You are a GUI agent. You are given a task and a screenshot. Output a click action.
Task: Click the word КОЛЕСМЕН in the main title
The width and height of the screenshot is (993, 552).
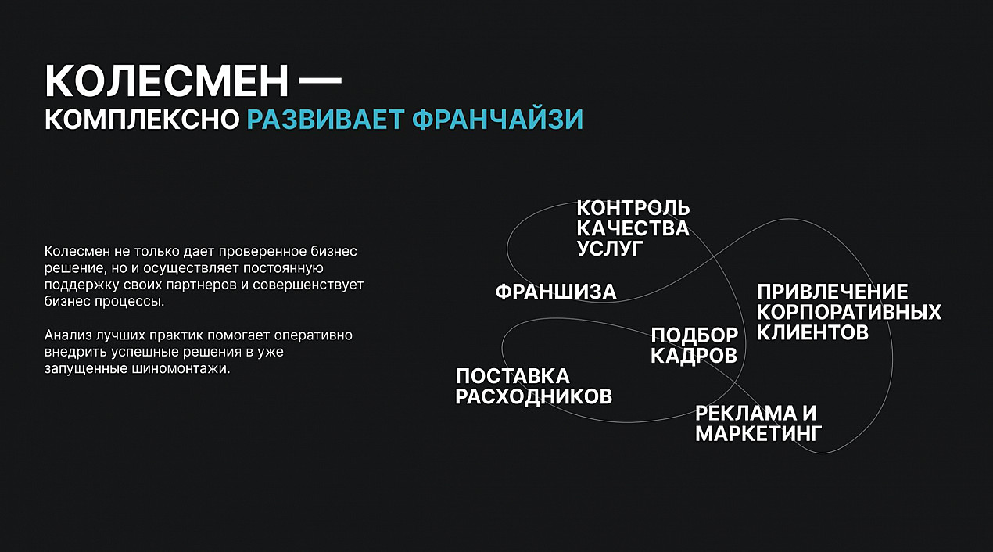167,81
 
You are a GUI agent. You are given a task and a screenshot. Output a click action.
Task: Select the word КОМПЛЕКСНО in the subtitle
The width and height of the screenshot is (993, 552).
142,120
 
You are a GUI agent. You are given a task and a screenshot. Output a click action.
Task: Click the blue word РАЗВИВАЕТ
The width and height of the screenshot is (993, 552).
325,120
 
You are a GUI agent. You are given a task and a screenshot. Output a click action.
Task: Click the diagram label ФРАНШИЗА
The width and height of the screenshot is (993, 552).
556,292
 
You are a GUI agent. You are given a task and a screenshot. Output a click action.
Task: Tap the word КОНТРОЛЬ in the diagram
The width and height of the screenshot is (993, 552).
633,207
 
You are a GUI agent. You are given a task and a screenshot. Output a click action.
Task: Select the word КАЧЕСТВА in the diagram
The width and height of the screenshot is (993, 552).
633,228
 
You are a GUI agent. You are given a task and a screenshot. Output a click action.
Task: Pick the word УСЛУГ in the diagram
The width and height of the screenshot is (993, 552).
610,249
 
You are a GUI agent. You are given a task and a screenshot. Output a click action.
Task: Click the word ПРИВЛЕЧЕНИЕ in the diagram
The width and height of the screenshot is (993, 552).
832,292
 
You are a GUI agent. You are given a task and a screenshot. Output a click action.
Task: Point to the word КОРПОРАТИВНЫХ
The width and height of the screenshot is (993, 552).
848,312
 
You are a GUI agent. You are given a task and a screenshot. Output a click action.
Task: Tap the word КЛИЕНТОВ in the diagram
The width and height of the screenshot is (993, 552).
812,332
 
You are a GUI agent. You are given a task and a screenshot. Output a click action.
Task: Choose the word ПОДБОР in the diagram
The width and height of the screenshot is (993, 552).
694,335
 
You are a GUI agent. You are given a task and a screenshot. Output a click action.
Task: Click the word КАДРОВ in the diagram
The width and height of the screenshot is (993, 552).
694,356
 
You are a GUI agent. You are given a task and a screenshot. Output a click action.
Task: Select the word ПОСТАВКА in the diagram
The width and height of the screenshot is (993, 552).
512,376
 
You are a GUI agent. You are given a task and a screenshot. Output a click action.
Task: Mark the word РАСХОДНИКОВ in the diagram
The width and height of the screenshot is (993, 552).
534,396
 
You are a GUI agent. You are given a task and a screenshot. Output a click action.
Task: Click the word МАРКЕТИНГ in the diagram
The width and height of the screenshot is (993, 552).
758,434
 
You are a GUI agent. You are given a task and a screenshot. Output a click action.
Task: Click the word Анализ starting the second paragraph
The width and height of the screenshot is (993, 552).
68,335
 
